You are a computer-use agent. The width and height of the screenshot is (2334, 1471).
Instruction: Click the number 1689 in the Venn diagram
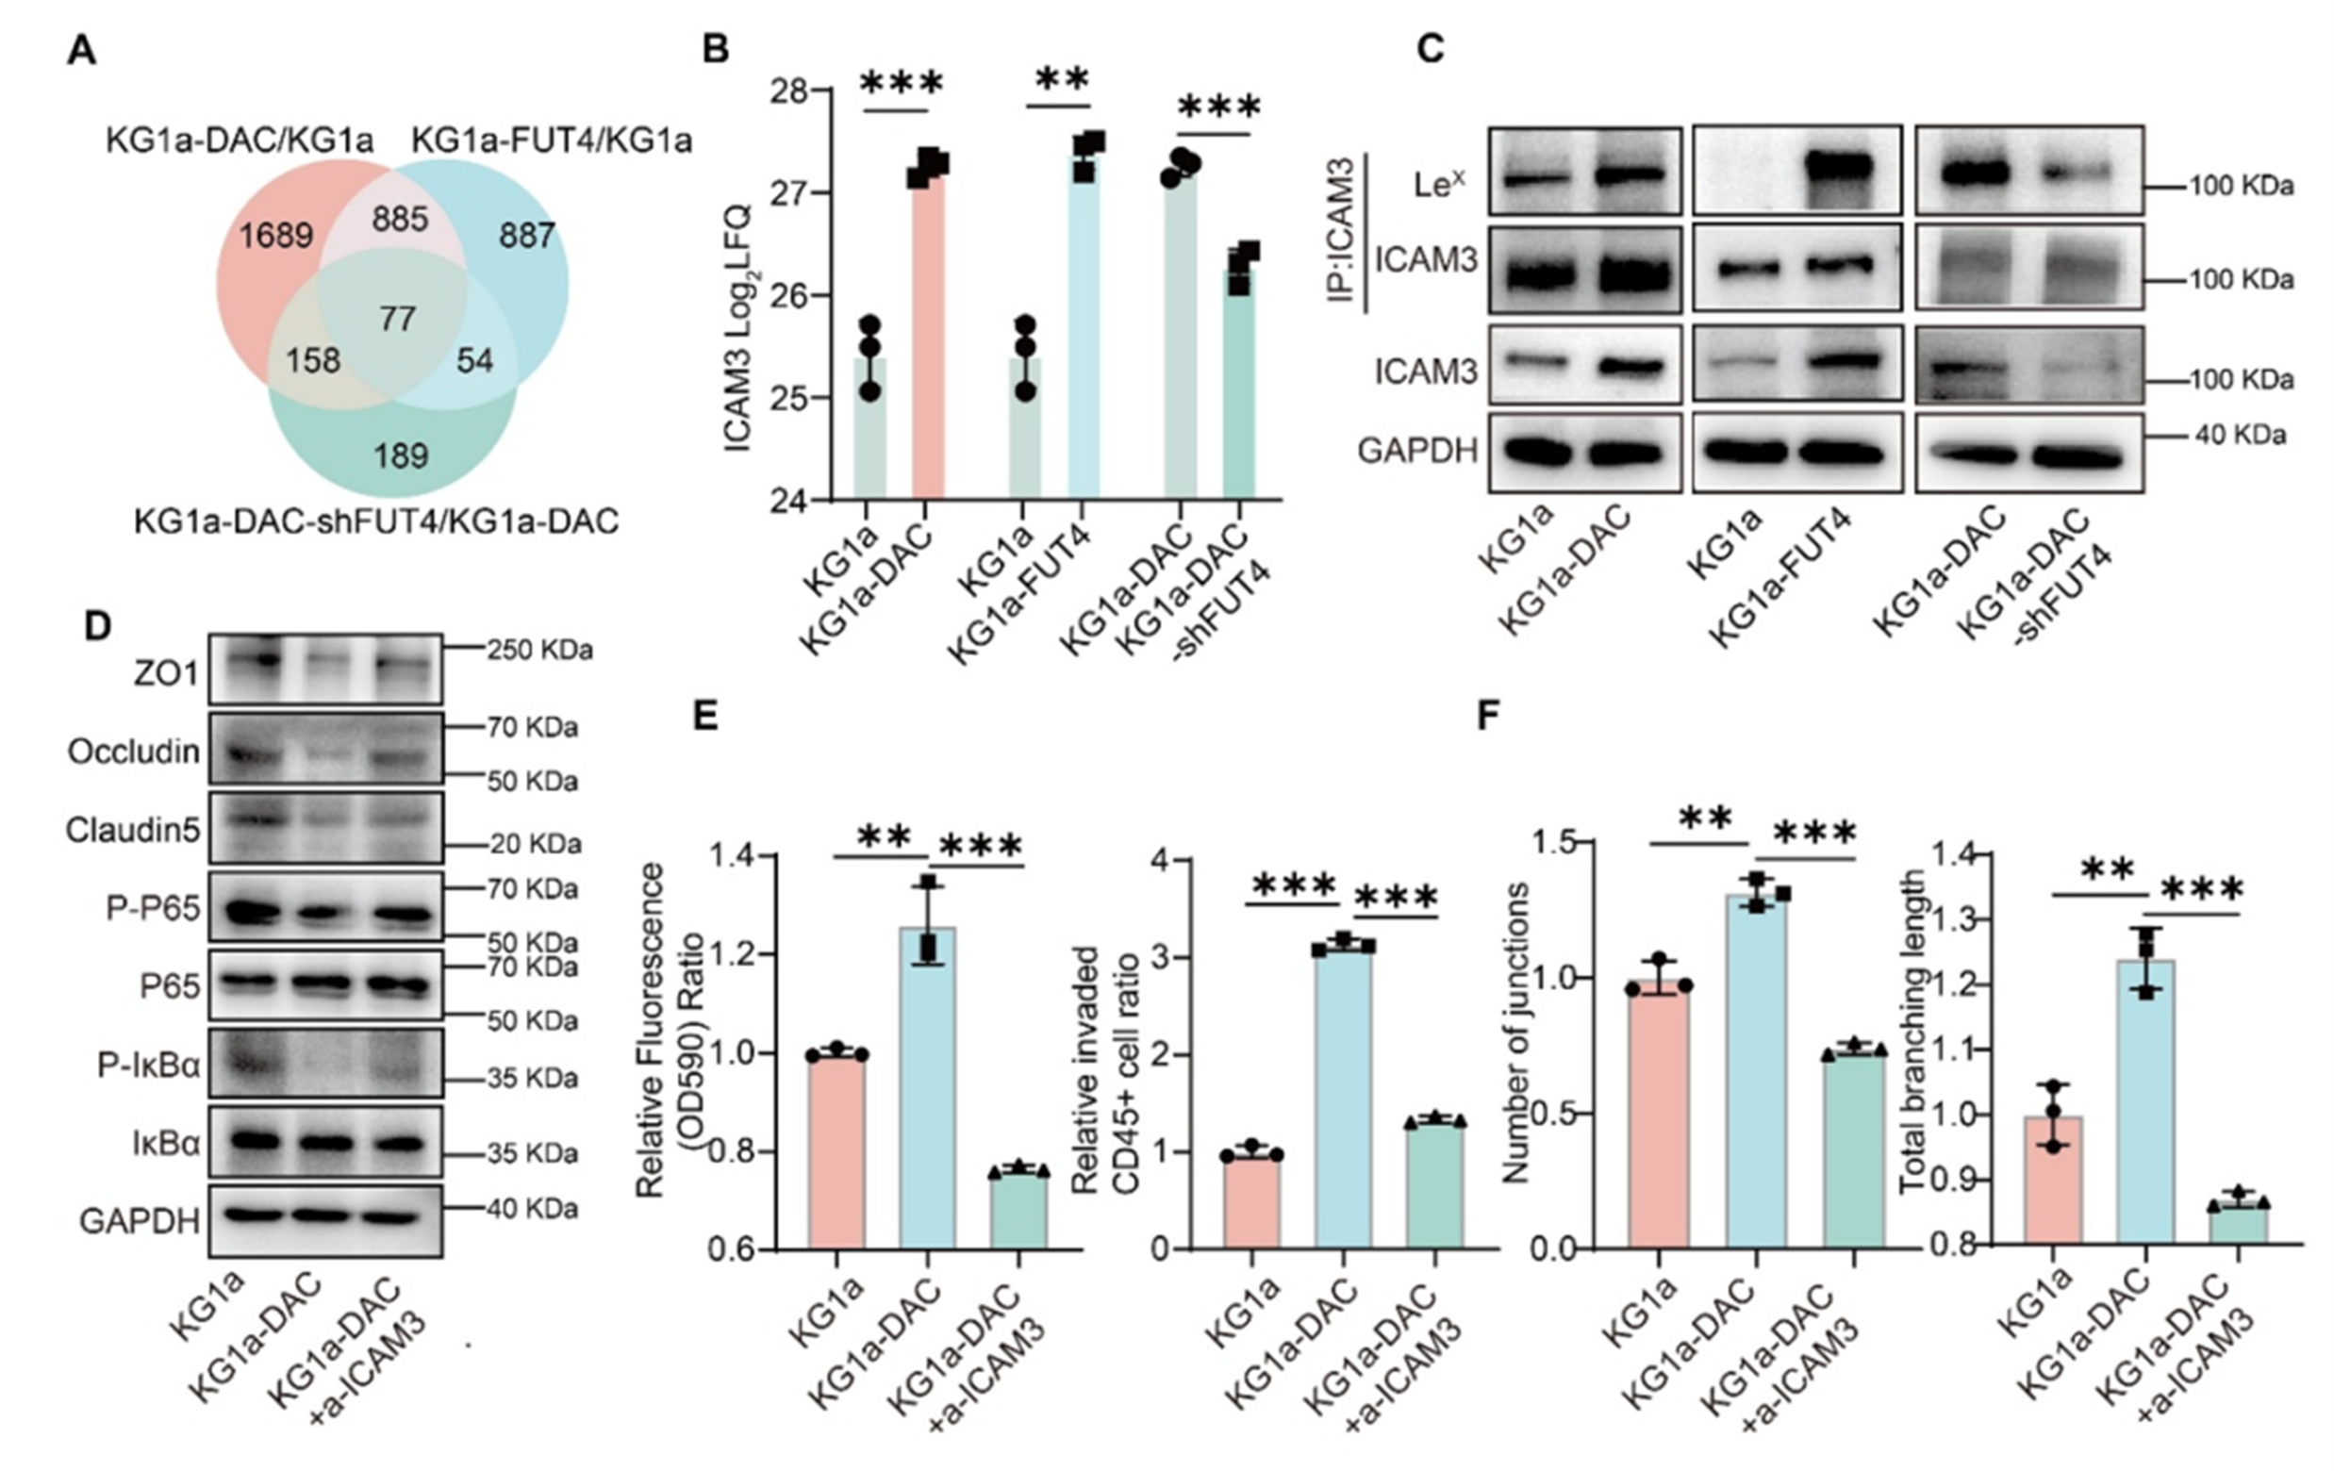pos(277,236)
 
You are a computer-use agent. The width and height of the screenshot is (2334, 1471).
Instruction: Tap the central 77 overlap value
pos(397,319)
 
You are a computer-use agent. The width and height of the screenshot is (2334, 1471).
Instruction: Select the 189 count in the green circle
pos(400,455)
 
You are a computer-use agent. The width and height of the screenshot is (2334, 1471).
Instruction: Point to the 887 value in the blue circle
pos(526,236)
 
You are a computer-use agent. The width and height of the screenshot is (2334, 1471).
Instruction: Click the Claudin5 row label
pos(133,831)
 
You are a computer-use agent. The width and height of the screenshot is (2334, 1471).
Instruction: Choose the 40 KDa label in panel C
pos(2240,435)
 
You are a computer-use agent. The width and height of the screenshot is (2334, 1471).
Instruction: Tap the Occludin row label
pos(134,752)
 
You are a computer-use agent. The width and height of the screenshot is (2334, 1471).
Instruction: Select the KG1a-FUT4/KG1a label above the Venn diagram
pos(551,142)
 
